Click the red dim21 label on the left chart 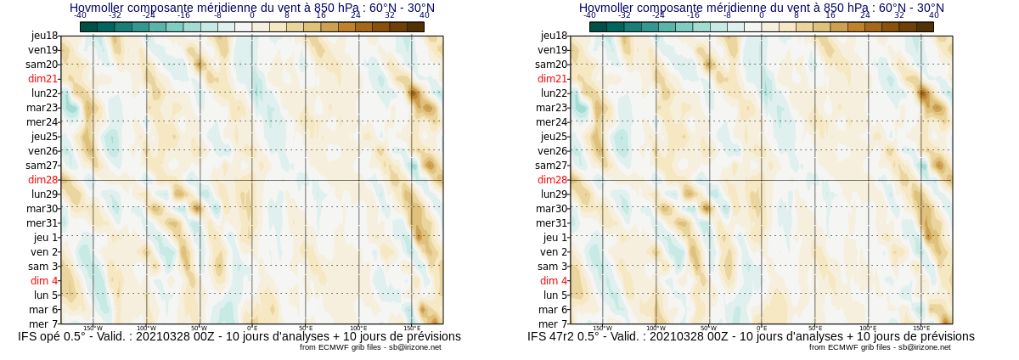(42, 78)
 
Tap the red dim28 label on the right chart (552, 179)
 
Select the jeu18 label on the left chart (44, 35)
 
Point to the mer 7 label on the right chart (553, 323)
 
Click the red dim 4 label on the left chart (44, 280)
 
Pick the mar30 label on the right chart (551, 208)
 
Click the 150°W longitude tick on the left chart (93, 328)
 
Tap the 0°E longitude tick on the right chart (762, 328)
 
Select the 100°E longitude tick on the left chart (358, 328)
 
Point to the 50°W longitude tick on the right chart (708, 328)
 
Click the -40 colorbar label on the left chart (80, 15)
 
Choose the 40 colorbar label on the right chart (934, 15)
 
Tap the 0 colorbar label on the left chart (252, 15)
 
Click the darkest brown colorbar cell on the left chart (415, 26)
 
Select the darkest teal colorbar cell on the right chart (598, 26)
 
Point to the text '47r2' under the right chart (564, 336)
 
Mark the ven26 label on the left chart (42, 150)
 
